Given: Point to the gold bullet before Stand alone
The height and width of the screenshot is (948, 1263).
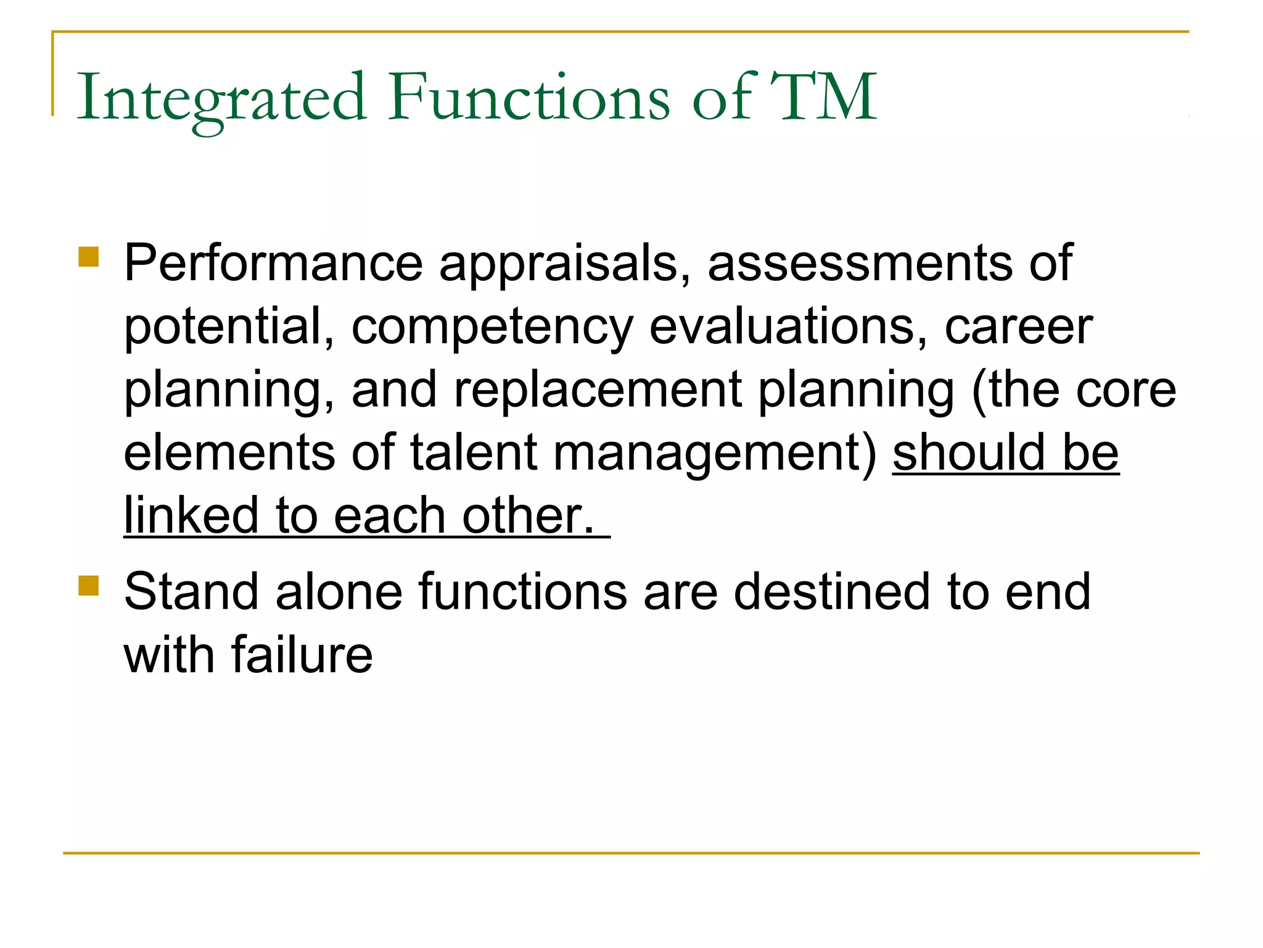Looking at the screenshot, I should [89, 586].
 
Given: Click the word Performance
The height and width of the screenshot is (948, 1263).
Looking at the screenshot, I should [273, 264].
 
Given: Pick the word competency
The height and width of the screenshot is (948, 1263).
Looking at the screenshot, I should [492, 328].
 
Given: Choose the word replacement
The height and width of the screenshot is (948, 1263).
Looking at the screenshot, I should [598, 391].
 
